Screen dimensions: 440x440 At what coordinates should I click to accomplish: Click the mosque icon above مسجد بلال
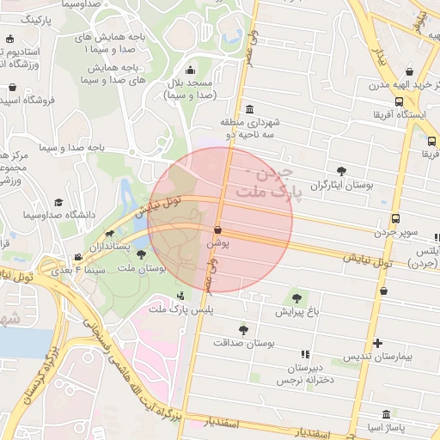click(x=190, y=70)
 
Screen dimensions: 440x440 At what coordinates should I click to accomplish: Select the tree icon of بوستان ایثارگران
click(x=343, y=170)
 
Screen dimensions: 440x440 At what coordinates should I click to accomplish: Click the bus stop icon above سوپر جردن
click(x=394, y=218)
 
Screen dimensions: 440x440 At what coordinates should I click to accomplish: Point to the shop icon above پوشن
click(x=217, y=230)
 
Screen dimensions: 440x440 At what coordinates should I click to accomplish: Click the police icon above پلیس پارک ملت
click(x=179, y=296)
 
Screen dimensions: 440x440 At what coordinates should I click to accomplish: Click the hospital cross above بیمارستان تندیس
click(x=379, y=342)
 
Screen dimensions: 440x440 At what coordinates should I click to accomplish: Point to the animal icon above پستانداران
click(x=110, y=233)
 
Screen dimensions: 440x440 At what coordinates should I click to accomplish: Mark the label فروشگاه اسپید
click(x=27, y=100)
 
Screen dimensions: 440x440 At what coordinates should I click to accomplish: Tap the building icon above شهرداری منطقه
click(x=249, y=109)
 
